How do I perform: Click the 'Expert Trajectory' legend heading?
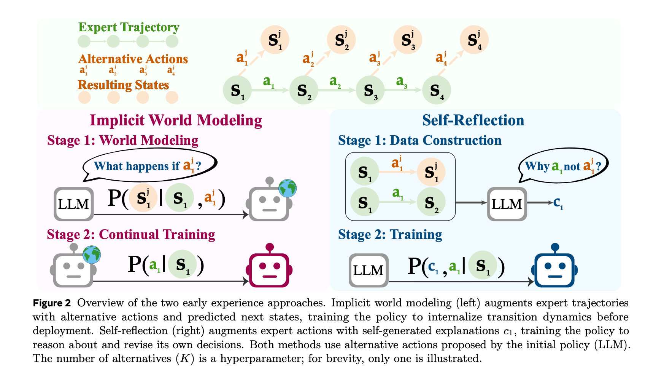coord(129,27)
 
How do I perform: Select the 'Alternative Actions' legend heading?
coord(133,59)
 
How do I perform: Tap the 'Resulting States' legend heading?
coord(123,85)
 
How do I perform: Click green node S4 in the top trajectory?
coord(437,90)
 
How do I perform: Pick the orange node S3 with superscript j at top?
coord(408,40)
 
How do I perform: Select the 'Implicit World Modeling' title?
coord(176,120)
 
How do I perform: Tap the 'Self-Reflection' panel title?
coord(473,120)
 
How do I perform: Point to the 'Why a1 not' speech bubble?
coord(563,166)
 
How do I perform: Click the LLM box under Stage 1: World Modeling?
coord(74,204)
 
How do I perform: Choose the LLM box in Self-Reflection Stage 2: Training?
coord(369,270)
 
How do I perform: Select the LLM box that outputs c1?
coord(507,204)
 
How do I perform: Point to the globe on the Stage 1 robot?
coord(287,188)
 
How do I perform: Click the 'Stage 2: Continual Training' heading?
coord(131,234)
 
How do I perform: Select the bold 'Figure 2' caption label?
coord(52,303)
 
